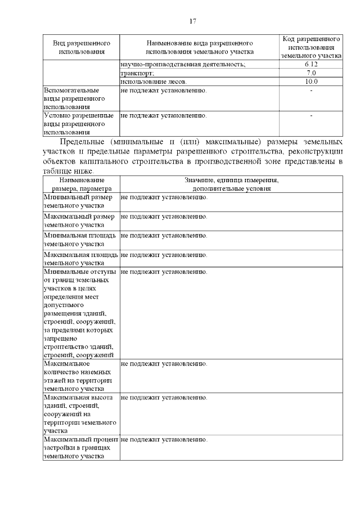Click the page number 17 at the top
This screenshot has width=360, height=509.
(x=192, y=21)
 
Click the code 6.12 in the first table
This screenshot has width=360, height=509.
(x=311, y=65)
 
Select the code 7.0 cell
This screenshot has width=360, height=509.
(x=311, y=73)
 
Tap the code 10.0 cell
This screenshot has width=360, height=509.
(x=311, y=82)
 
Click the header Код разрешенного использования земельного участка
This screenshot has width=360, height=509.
(x=311, y=47)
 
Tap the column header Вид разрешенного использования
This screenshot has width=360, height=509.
(x=82, y=47)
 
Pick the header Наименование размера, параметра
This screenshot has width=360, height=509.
(x=82, y=184)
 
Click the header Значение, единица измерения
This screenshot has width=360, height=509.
(x=231, y=184)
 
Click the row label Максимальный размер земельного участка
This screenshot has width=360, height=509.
(x=79, y=220)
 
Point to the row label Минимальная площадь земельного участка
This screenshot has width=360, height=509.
(x=79, y=240)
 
